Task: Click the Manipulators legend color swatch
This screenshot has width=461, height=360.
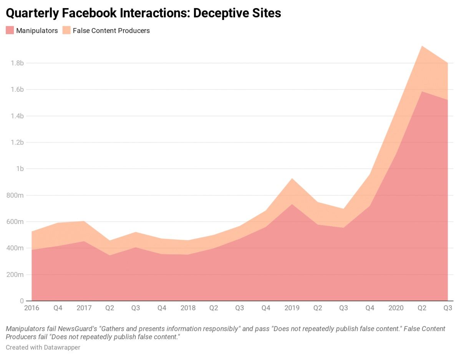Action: pyautogui.click(x=10, y=30)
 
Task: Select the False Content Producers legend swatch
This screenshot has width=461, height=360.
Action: pyautogui.click(x=66, y=30)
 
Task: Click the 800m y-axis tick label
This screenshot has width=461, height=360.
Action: pyautogui.click(x=15, y=195)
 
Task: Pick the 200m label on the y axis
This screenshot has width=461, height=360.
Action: pyautogui.click(x=15, y=275)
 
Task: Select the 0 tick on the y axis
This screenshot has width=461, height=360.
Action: pyautogui.click(x=22, y=301)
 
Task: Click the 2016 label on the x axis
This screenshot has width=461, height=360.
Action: pyautogui.click(x=32, y=308)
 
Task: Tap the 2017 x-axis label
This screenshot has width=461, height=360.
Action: pyautogui.click(x=84, y=308)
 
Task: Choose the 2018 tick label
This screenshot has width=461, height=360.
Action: pyautogui.click(x=188, y=308)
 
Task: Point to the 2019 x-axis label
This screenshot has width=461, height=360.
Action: pyautogui.click(x=292, y=308)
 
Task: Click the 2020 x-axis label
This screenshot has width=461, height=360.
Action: pyautogui.click(x=396, y=308)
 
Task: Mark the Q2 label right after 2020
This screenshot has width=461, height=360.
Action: pyautogui.click(x=422, y=308)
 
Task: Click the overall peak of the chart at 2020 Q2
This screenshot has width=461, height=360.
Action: pyautogui.click(x=422, y=46)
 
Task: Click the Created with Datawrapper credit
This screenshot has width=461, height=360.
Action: pyautogui.click(x=43, y=347)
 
